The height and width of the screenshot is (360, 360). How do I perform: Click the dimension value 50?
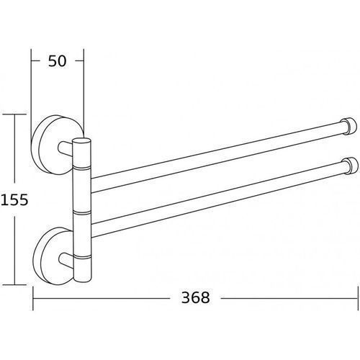(x=57, y=61)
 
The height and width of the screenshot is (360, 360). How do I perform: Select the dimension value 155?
(x=14, y=199)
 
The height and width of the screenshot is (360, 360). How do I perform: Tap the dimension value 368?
(x=196, y=297)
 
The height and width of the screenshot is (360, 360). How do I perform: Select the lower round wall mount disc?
(x=53, y=256)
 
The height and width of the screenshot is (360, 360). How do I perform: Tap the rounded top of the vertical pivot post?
(x=81, y=140)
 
